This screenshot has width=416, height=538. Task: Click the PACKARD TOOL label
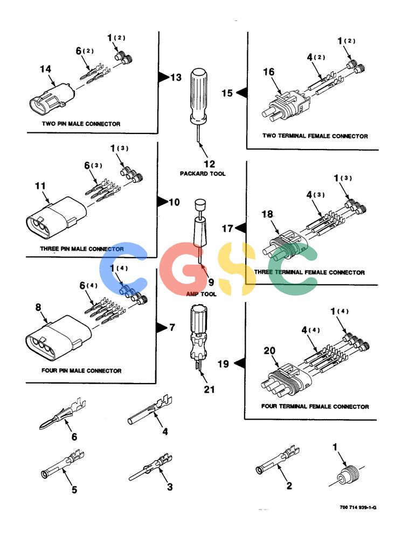(203, 174)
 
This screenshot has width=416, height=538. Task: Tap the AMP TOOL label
(201, 294)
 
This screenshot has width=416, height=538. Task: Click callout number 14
(45, 69)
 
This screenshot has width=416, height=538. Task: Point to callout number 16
(268, 72)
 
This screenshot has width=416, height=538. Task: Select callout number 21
(209, 390)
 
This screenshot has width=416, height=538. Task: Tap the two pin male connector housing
(52, 99)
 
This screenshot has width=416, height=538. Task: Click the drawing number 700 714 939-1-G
(358, 507)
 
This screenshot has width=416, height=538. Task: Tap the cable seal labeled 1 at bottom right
(347, 475)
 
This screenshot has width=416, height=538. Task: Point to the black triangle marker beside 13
(164, 77)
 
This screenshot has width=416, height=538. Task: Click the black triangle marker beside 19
(240, 363)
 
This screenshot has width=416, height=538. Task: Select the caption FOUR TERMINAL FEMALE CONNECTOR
(315, 407)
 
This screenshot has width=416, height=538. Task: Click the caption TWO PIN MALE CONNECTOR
(81, 124)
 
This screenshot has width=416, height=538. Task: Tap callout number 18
(267, 214)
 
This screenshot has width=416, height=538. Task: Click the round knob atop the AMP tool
(200, 206)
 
